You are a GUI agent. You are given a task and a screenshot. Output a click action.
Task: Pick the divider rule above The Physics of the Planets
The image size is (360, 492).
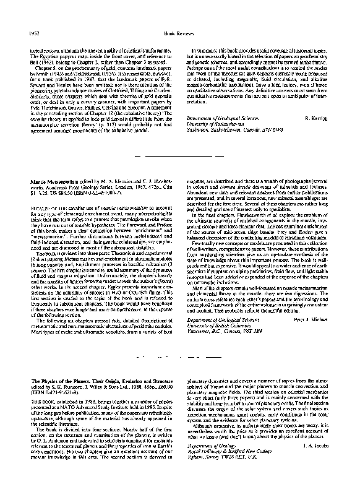pyautogui.click(x=179, y=358)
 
